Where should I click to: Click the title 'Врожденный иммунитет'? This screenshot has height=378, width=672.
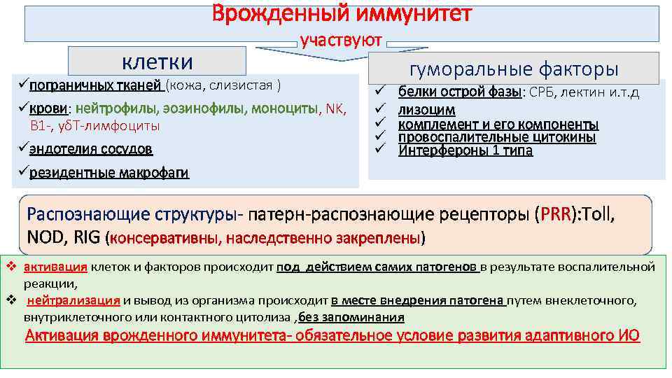coord(342,14)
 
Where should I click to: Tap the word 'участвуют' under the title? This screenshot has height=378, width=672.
coord(341,41)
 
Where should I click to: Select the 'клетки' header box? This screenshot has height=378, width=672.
coord(157,61)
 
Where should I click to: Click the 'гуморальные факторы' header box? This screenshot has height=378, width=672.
coord(514,69)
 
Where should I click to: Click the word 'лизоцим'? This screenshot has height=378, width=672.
coord(426,110)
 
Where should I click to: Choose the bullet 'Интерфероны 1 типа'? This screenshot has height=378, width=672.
coord(465,150)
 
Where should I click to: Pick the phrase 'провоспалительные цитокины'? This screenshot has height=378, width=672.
coord(497,137)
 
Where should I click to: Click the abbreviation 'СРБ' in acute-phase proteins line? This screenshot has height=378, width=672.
coord(541,92)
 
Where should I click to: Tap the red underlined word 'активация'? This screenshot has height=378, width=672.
coord(55,267)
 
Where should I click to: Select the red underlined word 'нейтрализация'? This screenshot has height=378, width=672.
coord(73,301)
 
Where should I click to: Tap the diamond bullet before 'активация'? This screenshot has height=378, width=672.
coord(10,267)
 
